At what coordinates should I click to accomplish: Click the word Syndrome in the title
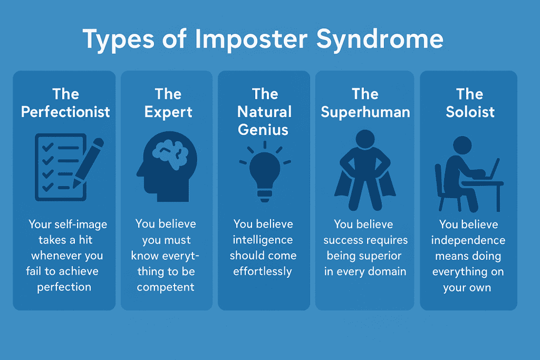pos(380,40)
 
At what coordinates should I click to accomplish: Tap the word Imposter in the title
pos(251,38)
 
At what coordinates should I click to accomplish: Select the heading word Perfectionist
pos(65,112)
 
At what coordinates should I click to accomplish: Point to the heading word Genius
pos(263,130)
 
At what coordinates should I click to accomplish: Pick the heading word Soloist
pos(470,112)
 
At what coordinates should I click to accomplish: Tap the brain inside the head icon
pos(170,154)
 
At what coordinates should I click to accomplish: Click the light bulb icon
pos(265,171)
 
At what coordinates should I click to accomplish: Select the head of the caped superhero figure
pos(365,139)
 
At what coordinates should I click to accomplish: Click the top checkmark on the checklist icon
pos(47,147)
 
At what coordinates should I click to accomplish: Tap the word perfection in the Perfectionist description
pos(64,287)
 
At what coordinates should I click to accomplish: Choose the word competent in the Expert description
pos(166,287)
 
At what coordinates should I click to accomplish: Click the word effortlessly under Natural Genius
pos(263,271)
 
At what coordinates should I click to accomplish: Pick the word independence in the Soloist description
pos(468,240)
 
